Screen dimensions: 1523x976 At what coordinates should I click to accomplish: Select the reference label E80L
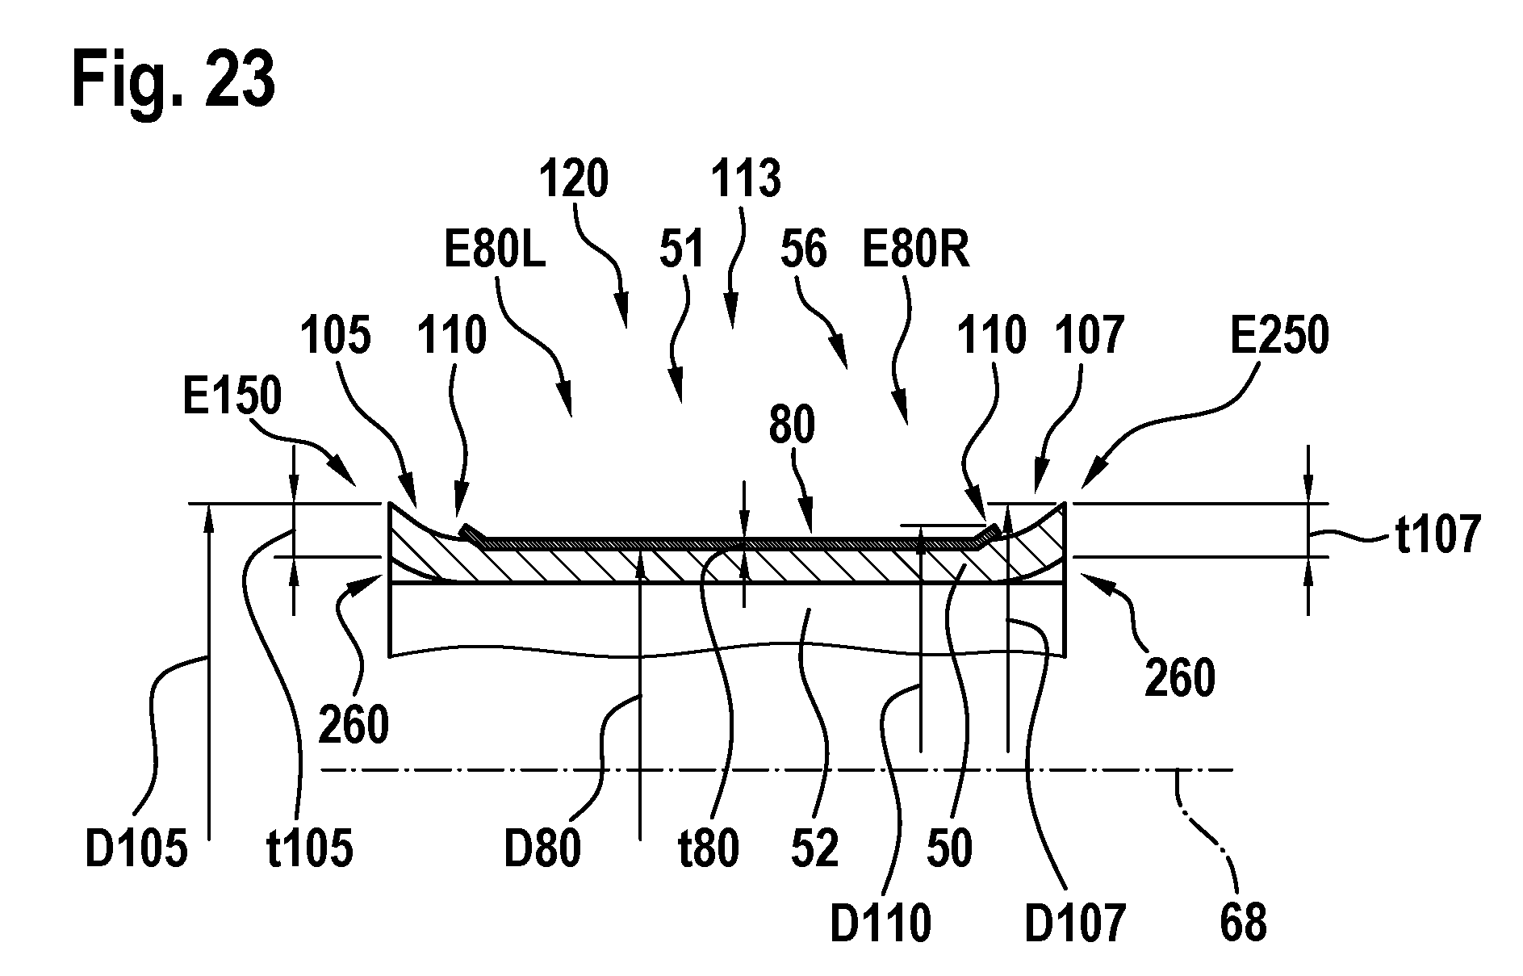(x=496, y=250)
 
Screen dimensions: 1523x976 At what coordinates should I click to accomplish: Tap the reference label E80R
(x=915, y=250)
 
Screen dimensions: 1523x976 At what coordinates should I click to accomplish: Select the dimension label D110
(x=881, y=923)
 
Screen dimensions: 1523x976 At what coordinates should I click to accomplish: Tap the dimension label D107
(x=1075, y=923)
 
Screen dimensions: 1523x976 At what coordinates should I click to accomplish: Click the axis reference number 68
(x=1244, y=923)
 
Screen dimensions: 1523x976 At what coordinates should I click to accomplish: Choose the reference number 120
(x=574, y=178)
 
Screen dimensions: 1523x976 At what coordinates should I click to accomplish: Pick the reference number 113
(x=747, y=178)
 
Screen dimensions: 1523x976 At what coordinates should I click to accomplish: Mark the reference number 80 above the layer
(x=792, y=425)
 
